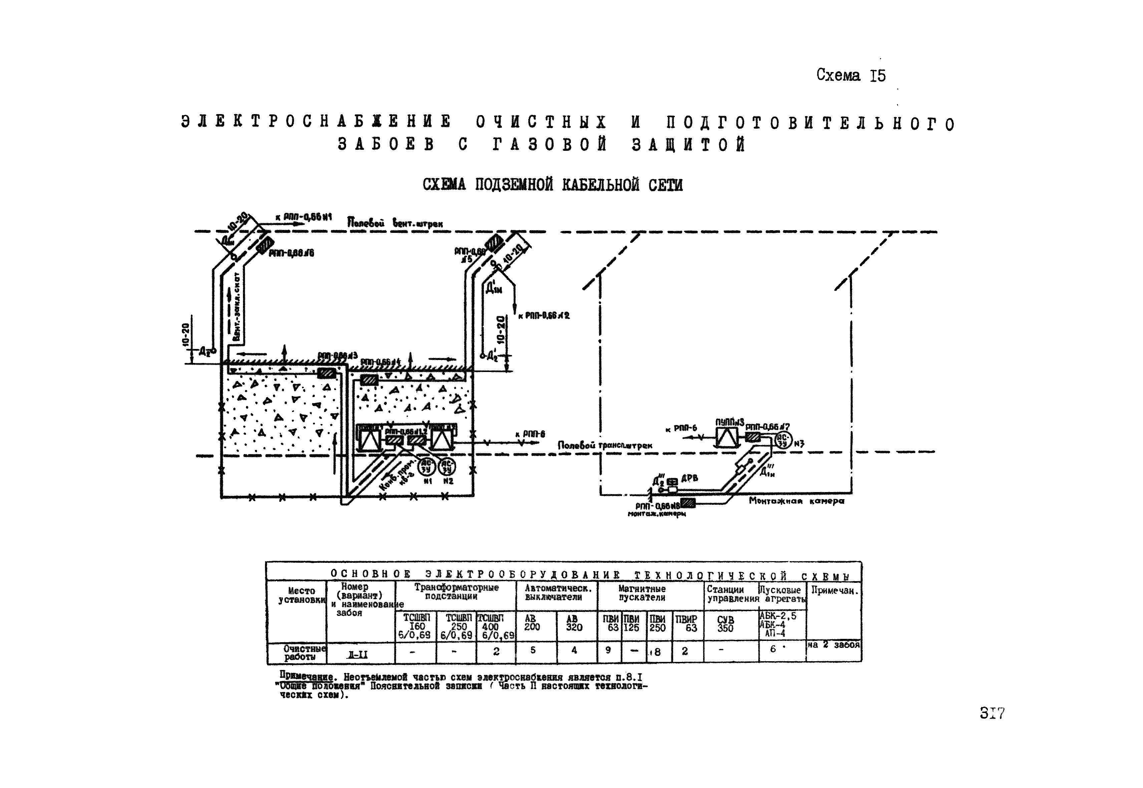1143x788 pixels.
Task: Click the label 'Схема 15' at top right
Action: click(x=851, y=75)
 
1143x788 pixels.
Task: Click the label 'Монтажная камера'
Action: click(x=796, y=501)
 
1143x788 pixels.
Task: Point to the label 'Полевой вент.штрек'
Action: click(x=395, y=223)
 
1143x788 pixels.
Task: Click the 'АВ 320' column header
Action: click(x=574, y=624)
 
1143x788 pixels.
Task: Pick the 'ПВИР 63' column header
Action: click(x=686, y=624)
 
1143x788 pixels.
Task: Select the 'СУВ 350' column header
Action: click(x=725, y=624)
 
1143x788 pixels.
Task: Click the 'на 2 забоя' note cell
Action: click(x=834, y=645)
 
